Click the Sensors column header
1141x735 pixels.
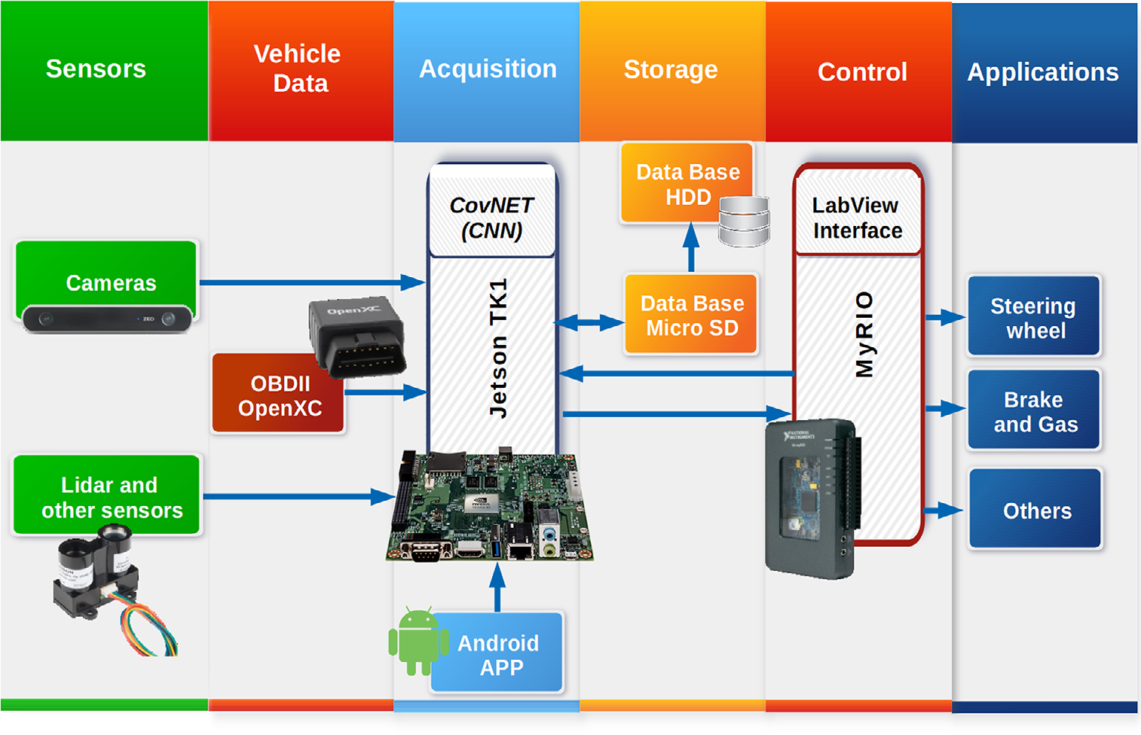[x=96, y=69]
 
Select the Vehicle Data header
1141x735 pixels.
[x=298, y=69]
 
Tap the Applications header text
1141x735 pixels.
[x=1043, y=72]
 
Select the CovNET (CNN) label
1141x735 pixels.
[x=491, y=218]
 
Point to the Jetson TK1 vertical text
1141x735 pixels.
[x=498, y=347]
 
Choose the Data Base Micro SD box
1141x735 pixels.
[x=691, y=316]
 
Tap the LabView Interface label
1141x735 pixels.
[x=857, y=218]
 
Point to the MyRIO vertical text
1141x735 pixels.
[x=864, y=334]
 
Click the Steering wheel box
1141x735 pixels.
[x=1034, y=318]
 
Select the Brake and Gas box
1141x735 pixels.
[x=1035, y=411]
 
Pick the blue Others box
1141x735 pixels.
[x=1036, y=511]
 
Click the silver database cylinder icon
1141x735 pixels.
[x=744, y=221]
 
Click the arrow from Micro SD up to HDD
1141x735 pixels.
[x=691, y=248]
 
